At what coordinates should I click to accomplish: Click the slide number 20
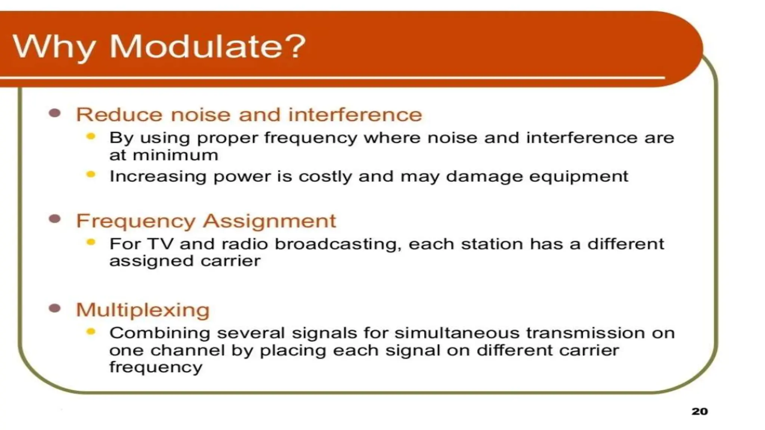699,411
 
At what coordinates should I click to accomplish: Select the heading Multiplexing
143,310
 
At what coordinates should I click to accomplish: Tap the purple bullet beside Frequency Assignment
55,219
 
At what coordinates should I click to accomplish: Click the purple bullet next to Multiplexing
55,308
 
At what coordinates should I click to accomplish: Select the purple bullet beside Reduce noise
55,113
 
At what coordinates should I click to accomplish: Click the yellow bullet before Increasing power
91,174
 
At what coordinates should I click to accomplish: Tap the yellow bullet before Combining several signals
91,331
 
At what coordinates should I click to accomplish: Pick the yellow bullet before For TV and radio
91,242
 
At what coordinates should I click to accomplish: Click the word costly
325,177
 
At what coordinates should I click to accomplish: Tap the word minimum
175,155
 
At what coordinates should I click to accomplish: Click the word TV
161,244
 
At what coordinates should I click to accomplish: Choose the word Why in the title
54,47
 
